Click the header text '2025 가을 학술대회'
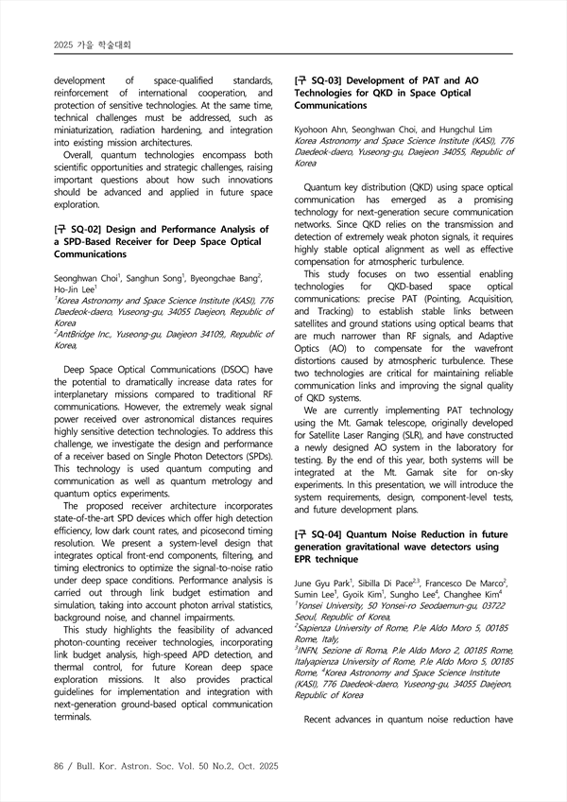point(93,44)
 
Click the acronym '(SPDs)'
point(249,456)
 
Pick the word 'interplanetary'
point(86,394)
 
